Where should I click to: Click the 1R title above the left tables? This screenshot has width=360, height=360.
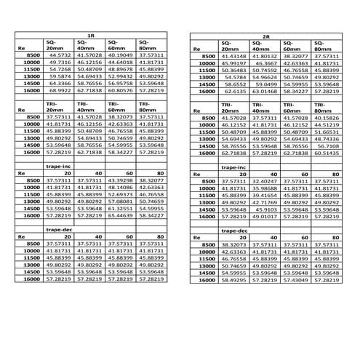pos(90,35)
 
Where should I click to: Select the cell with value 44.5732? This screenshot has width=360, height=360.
pos(60,55)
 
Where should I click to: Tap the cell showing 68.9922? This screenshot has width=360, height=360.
pos(60,90)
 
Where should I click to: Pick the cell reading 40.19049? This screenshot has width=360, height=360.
pos(119,55)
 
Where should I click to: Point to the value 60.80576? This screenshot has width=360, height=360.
pos(119,90)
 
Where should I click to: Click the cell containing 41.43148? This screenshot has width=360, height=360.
pos(236,57)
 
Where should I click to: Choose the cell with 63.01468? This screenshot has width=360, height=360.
pos(266,92)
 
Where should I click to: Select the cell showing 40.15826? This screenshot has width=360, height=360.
pos(327,119)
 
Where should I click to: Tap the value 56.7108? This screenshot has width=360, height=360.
pos(328,146)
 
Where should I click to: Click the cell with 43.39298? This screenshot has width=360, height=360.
pos(119,180)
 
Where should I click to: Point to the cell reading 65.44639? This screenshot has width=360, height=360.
pos(119,215)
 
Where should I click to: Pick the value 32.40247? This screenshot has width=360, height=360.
pos(266,181)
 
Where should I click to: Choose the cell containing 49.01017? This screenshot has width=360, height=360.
pos(266,216)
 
